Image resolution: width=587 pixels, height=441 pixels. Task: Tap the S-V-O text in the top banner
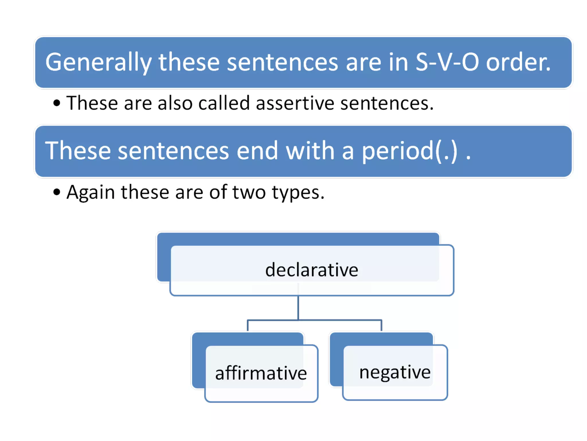(447, 62)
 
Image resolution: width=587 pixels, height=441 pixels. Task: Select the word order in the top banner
(518, 62)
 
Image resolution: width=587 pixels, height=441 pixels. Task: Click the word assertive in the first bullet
(295, 103)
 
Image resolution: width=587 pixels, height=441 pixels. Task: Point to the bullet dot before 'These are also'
(57, 103)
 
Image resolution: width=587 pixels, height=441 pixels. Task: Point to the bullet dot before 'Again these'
(57, 192)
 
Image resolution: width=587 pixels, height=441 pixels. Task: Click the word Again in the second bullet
(91, 192)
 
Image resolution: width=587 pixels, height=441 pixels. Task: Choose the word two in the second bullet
(249, 192)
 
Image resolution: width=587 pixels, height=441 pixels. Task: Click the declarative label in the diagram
(312, 270)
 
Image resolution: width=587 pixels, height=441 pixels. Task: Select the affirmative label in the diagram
(261, 373)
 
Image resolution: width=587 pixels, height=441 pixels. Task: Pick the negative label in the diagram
(395, 372)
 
